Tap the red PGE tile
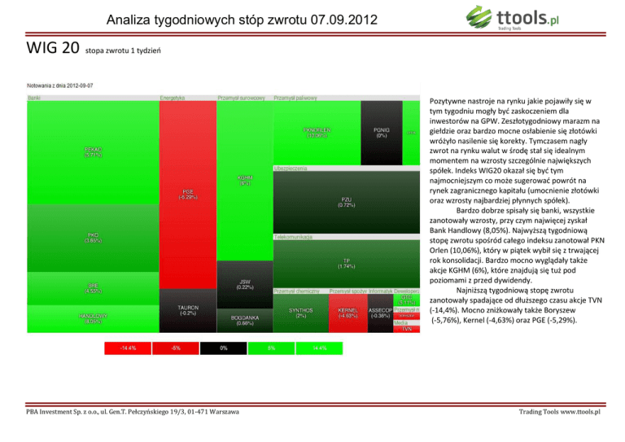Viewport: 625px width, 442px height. [x=187, y=195]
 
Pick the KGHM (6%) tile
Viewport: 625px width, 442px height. [x=244, y=183]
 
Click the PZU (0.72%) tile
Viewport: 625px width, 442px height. [x=346, y=202]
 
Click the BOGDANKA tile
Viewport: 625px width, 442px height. [x=244, y=318]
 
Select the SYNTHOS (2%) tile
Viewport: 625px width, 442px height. [x=300, y=313]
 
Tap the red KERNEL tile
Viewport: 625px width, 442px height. [x=348, y=313]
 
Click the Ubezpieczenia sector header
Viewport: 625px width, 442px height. [x=293, y=168]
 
